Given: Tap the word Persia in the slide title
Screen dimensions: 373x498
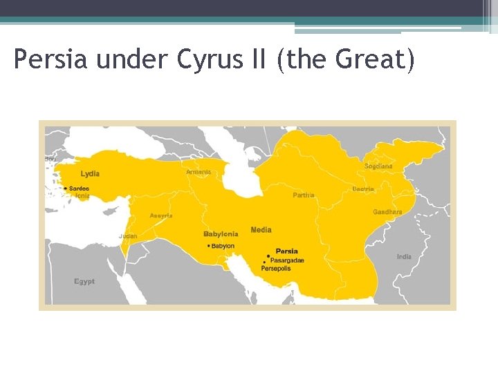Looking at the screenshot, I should click(52, 60).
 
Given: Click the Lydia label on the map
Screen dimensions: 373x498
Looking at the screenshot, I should click(90, 173).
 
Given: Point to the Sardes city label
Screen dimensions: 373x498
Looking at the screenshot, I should click(80, 189).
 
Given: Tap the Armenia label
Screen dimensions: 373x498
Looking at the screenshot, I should click(199, 171).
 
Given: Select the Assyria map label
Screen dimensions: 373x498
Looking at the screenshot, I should click(161, 216).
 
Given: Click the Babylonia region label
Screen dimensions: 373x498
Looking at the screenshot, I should click(221, 234).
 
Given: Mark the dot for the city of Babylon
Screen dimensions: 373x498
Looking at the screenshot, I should click(209, 246).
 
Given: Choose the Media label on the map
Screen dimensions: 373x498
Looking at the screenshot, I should click(261, 230).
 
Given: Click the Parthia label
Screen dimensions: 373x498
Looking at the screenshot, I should click(303, 195).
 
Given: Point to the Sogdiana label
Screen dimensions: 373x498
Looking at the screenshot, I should click(378, 166).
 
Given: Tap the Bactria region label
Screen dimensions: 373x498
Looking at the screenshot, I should click(363, 189).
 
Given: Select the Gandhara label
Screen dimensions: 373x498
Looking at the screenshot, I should click(387, 212).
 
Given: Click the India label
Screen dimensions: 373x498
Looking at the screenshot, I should click(404, 257).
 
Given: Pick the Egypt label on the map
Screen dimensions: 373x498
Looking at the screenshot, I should click(84, 282).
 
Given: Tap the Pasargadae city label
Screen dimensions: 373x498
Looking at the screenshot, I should click(286, 260).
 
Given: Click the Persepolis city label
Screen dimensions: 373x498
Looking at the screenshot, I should click(275, 268).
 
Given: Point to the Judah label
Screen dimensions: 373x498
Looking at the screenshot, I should click(128, 236).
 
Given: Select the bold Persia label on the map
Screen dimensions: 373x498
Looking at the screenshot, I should click(287, 251).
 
